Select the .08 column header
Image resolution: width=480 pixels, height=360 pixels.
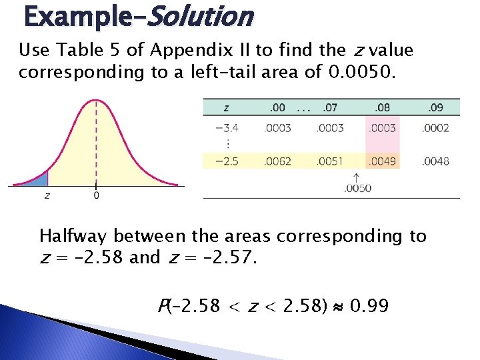pyautogui.click(x=382, y=107)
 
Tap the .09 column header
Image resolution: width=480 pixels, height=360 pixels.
pyautogui.click(x=435, y=107)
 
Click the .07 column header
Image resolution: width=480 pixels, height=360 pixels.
pyautogui.click(x=329, y=107)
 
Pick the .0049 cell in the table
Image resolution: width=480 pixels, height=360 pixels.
pyautogui.click(x=382, y=161)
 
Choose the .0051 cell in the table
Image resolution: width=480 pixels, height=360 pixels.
pyautogui.click(x=329, y=161)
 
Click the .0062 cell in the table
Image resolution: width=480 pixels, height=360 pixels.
pyautogui.click(x=277, y=161)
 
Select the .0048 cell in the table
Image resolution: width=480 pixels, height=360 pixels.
pyautogui.click(x=435, y=161)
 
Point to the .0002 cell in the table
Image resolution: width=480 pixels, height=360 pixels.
pyautogui.click(x=435, y=128)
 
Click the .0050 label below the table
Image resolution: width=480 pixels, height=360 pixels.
pyautogui.click(x=357, y=188)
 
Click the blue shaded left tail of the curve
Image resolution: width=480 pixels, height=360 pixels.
pyautogui.click(x=40, y=179)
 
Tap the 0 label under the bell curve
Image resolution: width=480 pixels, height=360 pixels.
pyautogui.click(x=97, y=195)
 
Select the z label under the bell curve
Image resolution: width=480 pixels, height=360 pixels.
pyautogui.click(x=47, y=195)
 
